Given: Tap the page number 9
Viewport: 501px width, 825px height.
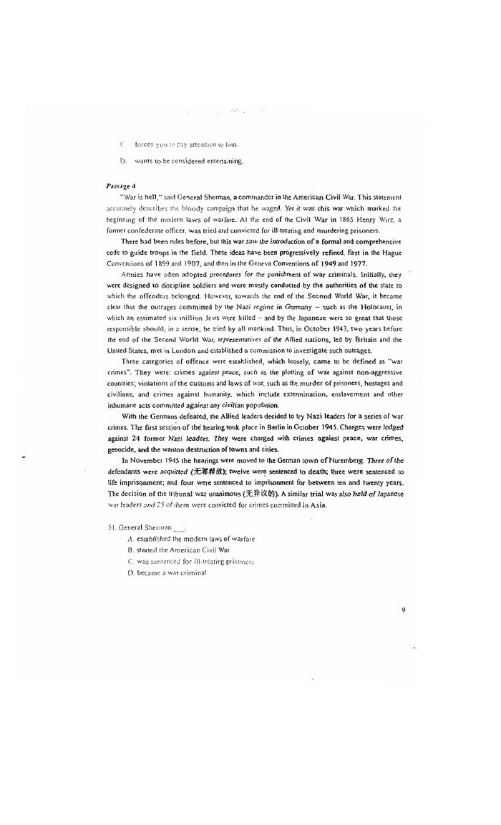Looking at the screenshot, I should [x=404, y=610].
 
